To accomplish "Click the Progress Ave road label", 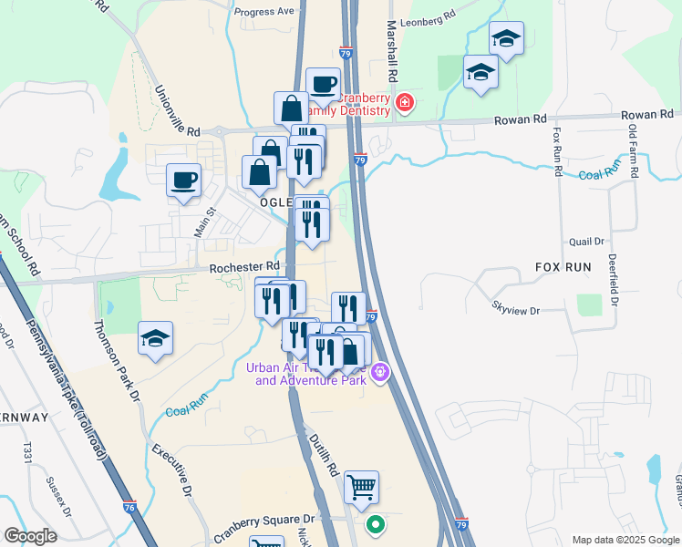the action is (x=264, y=12).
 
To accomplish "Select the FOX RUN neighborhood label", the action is (x=563, y=267).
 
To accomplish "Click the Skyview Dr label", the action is (x=516, y=310).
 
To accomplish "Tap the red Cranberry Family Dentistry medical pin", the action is (x=403, y=104).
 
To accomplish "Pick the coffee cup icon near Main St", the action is (x=183, y=180).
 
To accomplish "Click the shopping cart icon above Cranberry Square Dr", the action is (x=361, y=488).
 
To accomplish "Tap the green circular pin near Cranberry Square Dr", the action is (x=375, y=525).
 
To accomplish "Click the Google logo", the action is (x=29, y=536).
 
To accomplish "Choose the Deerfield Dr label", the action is (x=613, y=279).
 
